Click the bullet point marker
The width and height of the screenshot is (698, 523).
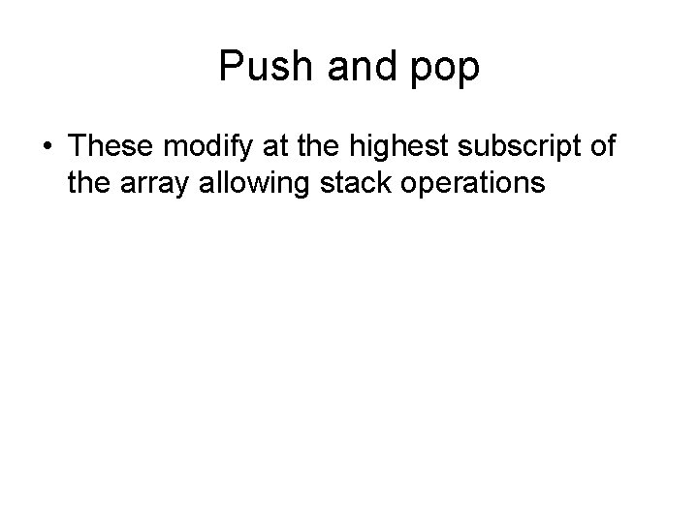tap(48, 148)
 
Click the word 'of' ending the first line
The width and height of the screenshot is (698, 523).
tap(602, 147)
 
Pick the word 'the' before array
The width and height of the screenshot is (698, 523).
tap(88, 181)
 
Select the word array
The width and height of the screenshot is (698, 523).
tap(153, 183)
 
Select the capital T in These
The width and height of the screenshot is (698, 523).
tap(79, 147)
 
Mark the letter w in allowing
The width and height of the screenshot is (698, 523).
tap(254, 182)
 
